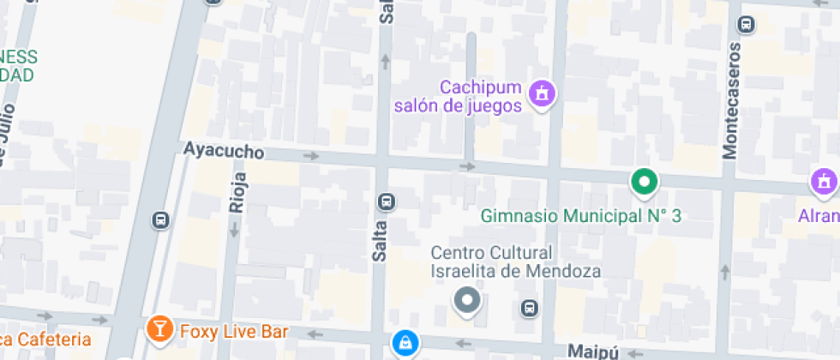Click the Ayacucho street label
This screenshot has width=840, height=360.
point(223,150)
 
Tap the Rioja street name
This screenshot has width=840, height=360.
point(237,191)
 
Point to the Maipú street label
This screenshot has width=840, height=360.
point(592,351)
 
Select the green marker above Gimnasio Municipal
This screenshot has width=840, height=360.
point(644,182)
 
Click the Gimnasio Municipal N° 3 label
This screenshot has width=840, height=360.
point(580,216)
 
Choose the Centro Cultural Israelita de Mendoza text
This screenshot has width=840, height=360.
point(515,261)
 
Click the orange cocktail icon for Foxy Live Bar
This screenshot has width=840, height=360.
point(159,327)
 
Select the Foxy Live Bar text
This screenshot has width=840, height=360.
point(233,331)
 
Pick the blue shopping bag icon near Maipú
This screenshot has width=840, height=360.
point(403,344)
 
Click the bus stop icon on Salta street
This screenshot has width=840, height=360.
point(387,201)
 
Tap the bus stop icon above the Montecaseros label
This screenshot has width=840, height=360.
point(747,24)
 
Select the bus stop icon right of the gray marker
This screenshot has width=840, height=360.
point(530,307)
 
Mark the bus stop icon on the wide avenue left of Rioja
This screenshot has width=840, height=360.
point(160,219)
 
